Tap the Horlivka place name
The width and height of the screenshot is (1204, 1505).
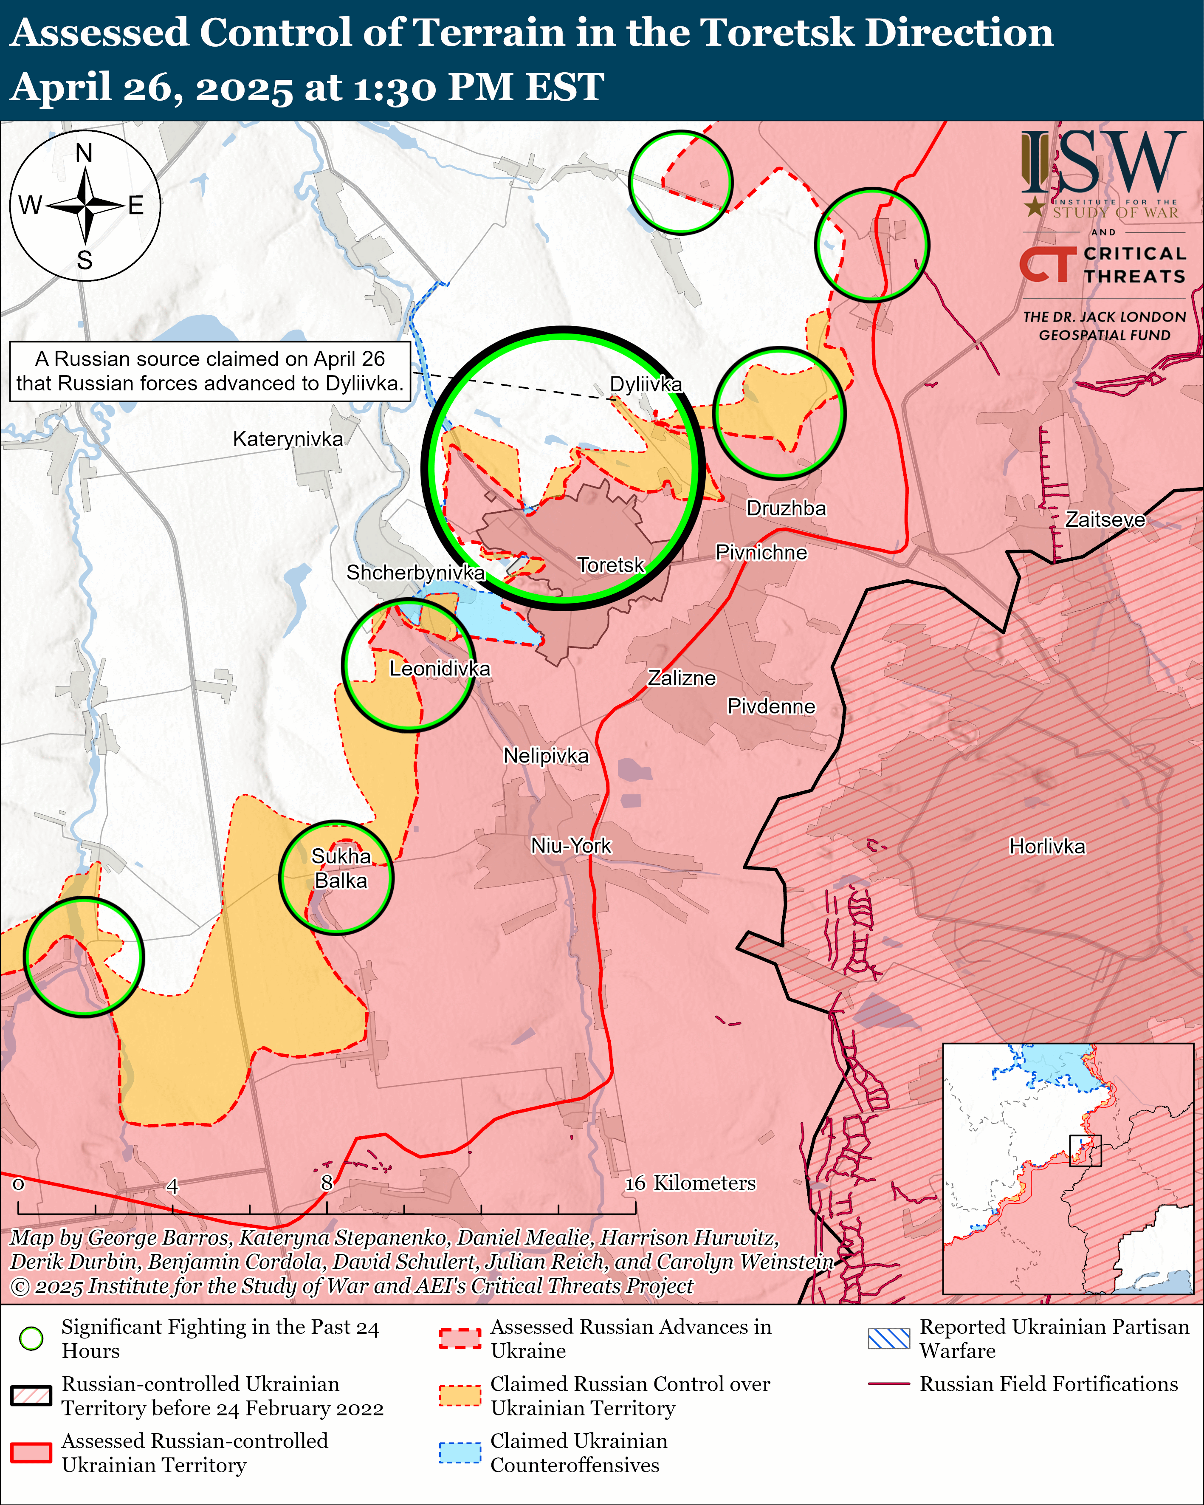pyautogui.click(x=1047, y=847)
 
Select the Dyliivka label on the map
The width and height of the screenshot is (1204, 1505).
pyautogui.click(x=646, y=384)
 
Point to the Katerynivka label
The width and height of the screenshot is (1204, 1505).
pyautogui.click(x=288, y=439)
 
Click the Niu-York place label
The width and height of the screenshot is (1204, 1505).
pyautogui.click(x=571, y=845)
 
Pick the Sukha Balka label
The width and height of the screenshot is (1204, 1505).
pyautogui.click(x=341, y=868)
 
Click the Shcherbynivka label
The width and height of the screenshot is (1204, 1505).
pyautogui.click(x=415, y=573)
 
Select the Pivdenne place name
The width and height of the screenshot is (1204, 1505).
pyautogui.click(x=771, y=706)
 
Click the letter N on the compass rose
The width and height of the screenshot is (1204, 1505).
pyautogui.click(x=84, y=153)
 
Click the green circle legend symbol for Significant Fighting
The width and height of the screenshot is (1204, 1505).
pyautogui.click(x=31, y=1338)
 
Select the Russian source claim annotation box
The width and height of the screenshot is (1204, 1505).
pyautogui.click(x=209, y=371)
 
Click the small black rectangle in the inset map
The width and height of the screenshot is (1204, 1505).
pyautogui.click(x=1086, y=1150)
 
